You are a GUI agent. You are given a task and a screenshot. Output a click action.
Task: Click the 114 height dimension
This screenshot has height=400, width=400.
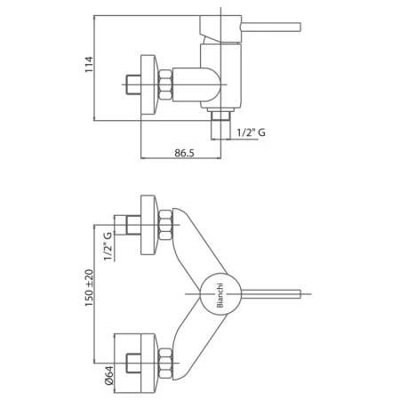89,64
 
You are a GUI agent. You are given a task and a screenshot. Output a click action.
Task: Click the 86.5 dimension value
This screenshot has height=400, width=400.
184,153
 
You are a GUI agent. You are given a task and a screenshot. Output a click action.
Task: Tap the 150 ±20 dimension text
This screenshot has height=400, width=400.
89,288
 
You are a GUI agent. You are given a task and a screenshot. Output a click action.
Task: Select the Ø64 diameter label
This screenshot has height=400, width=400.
108,375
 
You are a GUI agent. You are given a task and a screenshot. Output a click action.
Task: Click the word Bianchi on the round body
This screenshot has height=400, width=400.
220,296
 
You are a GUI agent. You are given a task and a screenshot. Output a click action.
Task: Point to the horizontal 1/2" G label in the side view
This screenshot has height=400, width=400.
252,132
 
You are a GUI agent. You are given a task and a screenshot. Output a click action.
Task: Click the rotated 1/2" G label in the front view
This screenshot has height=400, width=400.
108,246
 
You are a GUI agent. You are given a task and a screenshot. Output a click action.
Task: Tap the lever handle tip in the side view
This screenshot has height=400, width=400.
300,27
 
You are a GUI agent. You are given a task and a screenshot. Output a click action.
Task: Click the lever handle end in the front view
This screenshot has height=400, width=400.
300,294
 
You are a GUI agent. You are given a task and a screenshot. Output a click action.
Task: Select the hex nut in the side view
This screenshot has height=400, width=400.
165,84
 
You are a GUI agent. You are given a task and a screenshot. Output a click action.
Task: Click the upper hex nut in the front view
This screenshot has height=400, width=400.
165,225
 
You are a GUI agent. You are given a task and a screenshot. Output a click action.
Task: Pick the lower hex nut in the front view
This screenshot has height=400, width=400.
165,364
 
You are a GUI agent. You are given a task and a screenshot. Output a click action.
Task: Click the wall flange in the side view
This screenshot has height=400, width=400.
148,84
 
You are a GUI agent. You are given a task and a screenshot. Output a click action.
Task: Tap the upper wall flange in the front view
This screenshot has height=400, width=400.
148,225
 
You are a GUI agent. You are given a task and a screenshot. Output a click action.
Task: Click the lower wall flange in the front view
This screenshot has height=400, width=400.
148,364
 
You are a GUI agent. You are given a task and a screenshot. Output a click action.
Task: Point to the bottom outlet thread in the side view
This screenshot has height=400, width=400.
220,116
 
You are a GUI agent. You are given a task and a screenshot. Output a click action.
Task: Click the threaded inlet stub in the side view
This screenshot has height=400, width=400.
133,84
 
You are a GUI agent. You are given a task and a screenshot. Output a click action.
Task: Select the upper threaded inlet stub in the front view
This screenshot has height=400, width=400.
133,225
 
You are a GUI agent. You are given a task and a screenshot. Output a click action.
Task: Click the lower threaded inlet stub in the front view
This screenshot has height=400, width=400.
133,364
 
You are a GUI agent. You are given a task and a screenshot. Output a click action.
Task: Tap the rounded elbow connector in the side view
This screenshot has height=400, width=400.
196,84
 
